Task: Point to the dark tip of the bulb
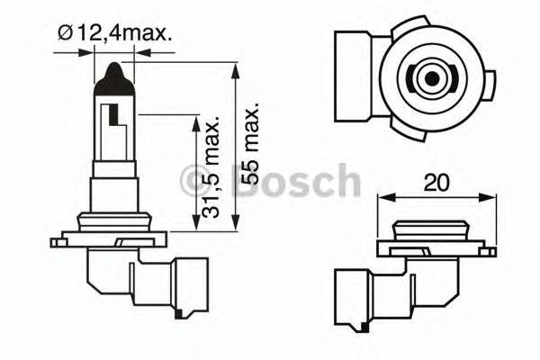click(x=114, y=72)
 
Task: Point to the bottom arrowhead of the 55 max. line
click(x=236, y=226)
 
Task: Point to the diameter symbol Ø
click(x=66, y=33)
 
